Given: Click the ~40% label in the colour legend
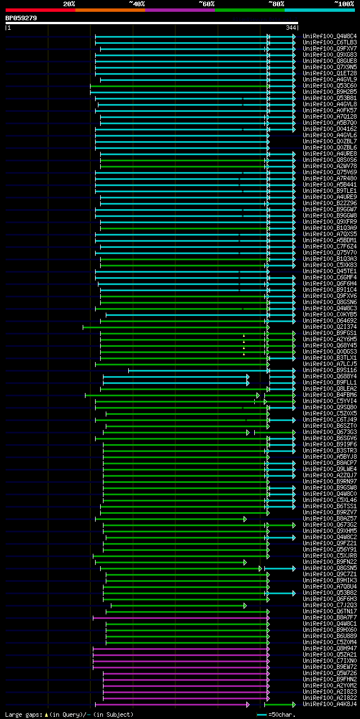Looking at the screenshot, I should [x=137, y=3].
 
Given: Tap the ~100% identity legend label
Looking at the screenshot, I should [x=344, y=3].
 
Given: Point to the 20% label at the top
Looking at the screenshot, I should [x=69, y=3].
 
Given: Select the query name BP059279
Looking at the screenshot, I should [x=21, y=18].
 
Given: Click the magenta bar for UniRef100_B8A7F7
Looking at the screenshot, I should [x=180, y=617].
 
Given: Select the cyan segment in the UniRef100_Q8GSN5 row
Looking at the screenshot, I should [x=280, y=568].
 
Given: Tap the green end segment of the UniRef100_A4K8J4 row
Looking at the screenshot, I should [x=280, y=704].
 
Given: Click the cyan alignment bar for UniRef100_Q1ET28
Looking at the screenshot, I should [x=180, y=73].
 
